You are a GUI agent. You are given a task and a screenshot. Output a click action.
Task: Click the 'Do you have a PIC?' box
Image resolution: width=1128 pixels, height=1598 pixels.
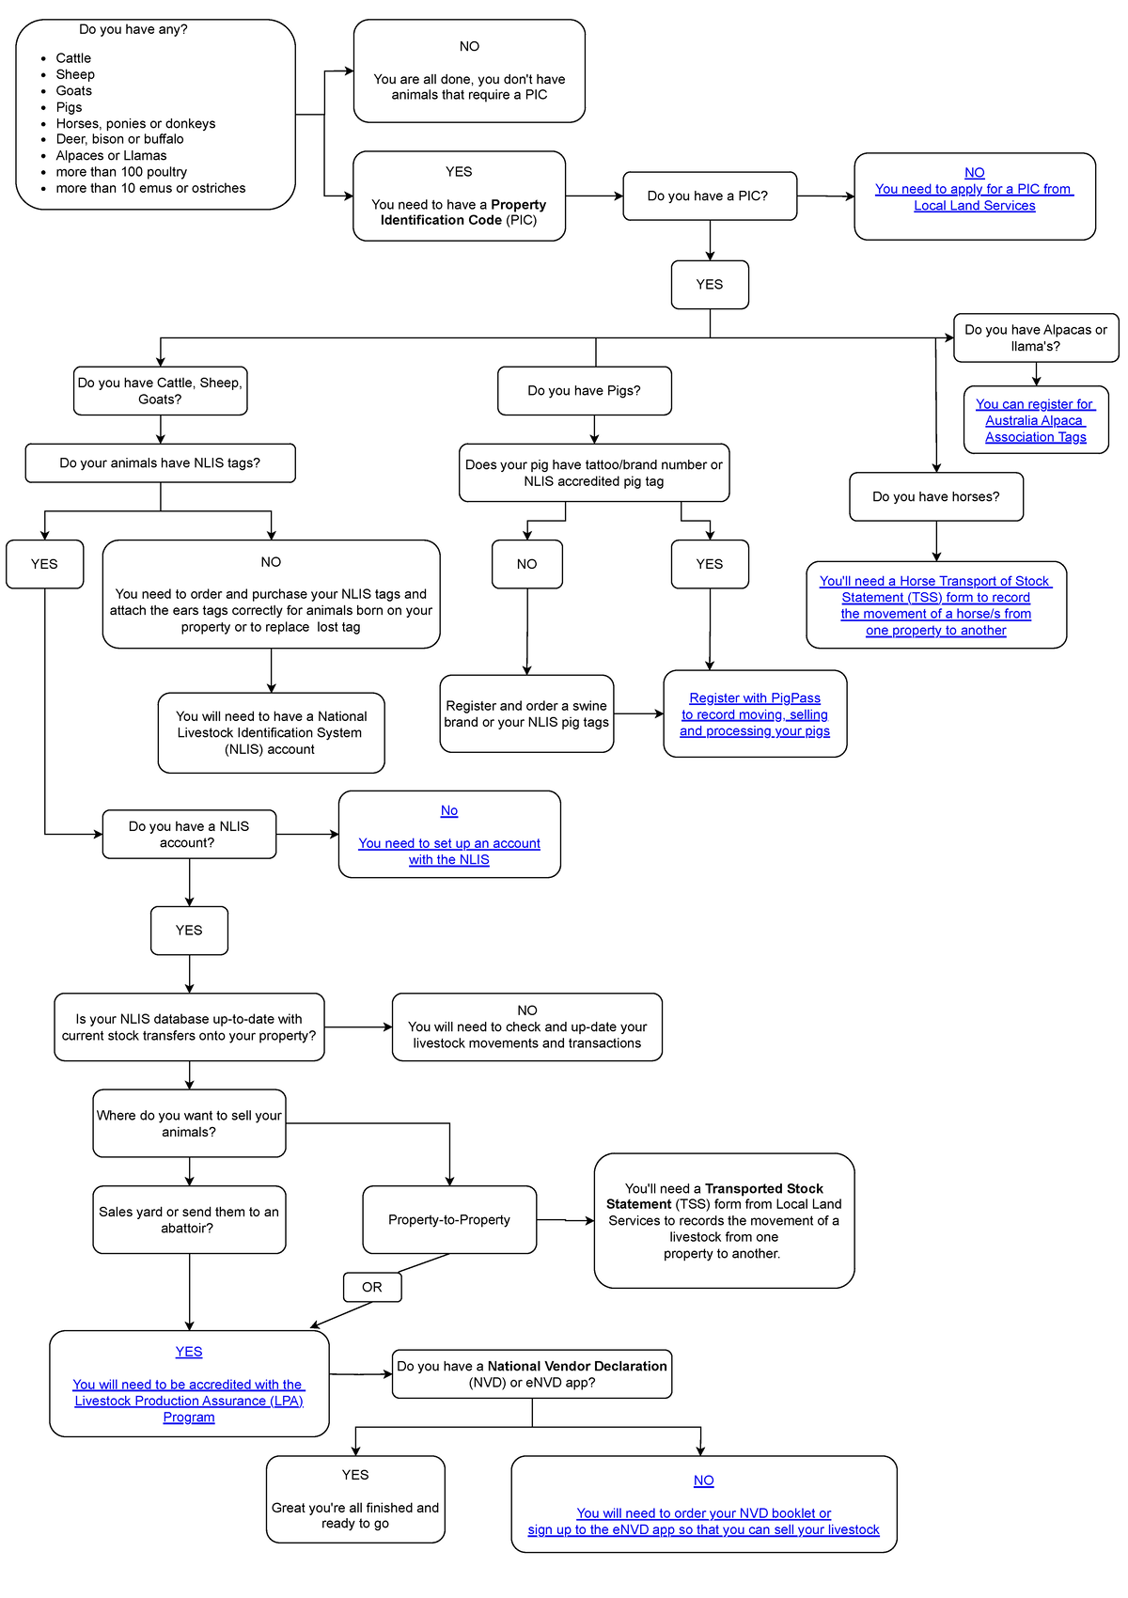(709, 196)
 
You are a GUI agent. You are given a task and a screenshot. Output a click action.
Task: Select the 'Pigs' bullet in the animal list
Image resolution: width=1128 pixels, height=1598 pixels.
(69, 107)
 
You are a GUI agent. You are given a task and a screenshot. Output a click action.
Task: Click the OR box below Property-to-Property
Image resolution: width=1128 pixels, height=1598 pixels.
(372, 1287)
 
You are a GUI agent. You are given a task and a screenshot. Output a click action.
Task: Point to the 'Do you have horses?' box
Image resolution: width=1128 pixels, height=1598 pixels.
(935, 496)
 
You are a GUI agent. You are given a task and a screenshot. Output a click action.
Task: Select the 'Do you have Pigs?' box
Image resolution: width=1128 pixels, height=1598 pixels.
(584, 390)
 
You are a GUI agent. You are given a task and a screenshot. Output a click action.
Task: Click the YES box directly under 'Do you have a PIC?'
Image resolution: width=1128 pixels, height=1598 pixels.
(710, 284)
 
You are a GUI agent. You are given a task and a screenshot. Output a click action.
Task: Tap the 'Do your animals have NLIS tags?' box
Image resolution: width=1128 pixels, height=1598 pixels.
(160, 462)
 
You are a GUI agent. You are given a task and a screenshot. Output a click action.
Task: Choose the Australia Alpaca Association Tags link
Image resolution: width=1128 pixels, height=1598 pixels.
(1035, 421)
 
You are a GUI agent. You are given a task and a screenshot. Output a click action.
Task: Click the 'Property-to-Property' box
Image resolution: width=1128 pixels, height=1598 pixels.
(449, 1219)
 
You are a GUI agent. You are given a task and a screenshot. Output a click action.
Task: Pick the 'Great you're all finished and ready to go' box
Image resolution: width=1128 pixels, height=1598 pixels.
(355, 1499)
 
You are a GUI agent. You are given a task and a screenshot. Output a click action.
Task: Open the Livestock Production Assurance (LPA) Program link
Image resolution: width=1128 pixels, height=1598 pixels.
(189, 1401)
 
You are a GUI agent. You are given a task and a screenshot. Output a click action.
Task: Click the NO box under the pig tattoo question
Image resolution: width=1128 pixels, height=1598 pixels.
(526, 564)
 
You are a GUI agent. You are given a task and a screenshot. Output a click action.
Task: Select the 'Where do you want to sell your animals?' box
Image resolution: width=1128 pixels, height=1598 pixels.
(189, 1123)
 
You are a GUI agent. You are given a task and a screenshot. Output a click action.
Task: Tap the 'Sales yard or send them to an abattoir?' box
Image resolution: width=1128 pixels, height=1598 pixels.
(189, 1219)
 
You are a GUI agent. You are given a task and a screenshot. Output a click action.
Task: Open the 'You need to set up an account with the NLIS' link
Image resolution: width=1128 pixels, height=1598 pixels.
(449, 852)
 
